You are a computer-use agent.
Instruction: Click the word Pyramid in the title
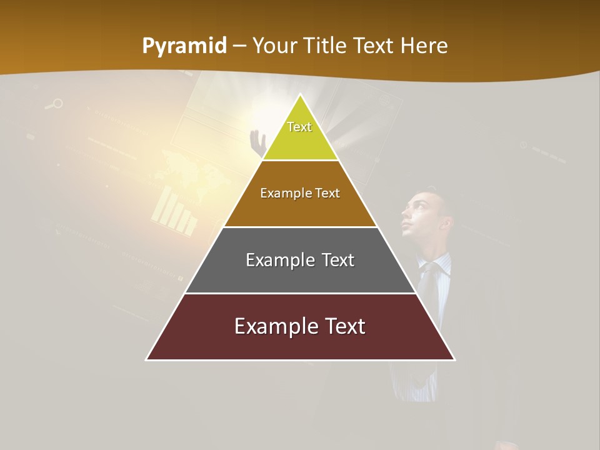[184, 46]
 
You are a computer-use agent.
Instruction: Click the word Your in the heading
[275, 46]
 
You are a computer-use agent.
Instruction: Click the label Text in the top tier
[299, 127]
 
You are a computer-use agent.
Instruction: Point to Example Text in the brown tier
[300, 193]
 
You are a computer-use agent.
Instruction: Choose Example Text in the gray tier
[300, 260]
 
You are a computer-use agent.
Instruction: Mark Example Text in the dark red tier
[300, 326]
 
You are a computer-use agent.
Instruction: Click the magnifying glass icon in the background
[55, 104]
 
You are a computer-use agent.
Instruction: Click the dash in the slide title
[239, 46]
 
